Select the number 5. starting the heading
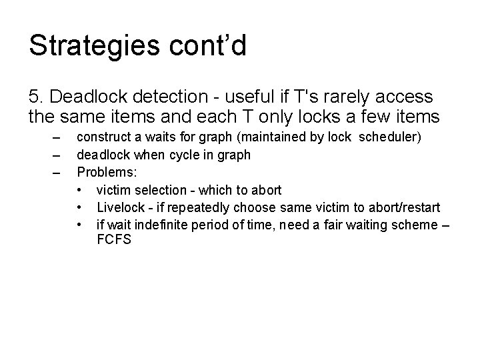(37, 97)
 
